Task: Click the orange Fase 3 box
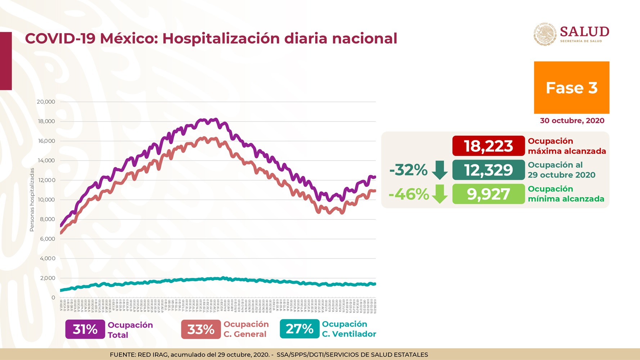click(571, 87)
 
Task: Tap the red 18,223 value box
click(488, 146)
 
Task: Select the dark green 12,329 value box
click(488, 170)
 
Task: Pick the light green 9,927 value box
click(488, 194)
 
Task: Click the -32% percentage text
click(408, 170)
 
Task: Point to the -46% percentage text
click(409, 194)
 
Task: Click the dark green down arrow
click(440, 170)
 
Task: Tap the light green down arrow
click(440, 194)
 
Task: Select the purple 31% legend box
click(85, 329)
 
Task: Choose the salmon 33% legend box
click(201, 329)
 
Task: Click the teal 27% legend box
click(299, 329)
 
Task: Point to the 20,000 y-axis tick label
click(46, 102)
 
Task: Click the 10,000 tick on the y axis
click(46, 200)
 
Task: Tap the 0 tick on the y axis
click(53, 298)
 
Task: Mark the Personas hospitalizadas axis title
click(32, 200)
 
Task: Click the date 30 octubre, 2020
click(572, 121)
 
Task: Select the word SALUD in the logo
click(584, 32)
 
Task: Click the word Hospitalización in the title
click(221, 39)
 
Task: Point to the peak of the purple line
click(215, 119)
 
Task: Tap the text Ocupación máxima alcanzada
click(567, 146)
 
